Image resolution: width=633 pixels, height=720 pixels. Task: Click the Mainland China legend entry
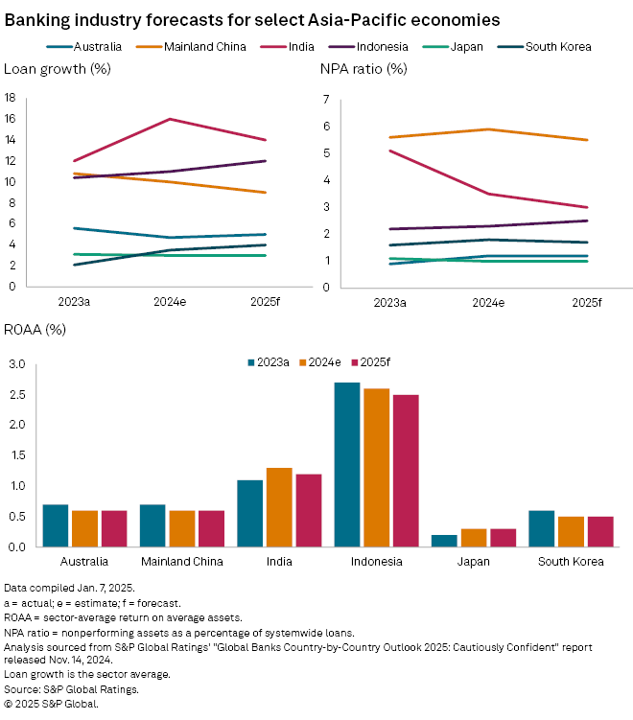(200, 46)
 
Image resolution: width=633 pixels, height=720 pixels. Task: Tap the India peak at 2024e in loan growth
(170, 119)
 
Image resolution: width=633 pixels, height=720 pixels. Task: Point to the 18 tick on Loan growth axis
(10, 98)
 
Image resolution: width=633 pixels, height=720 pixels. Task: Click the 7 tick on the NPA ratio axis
(327, 100)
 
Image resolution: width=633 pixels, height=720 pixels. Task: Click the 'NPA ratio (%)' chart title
(363, 69)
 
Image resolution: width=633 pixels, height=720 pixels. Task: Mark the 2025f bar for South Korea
(600, 531)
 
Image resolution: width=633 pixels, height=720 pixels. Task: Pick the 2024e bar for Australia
(84, 528)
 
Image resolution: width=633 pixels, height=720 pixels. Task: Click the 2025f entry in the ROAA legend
(373, 361)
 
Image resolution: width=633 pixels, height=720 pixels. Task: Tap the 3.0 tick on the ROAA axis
(15, 364)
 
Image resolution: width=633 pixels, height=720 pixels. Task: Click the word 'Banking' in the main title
(34, 18)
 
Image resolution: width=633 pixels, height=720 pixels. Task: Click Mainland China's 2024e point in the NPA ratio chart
(489, 129)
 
